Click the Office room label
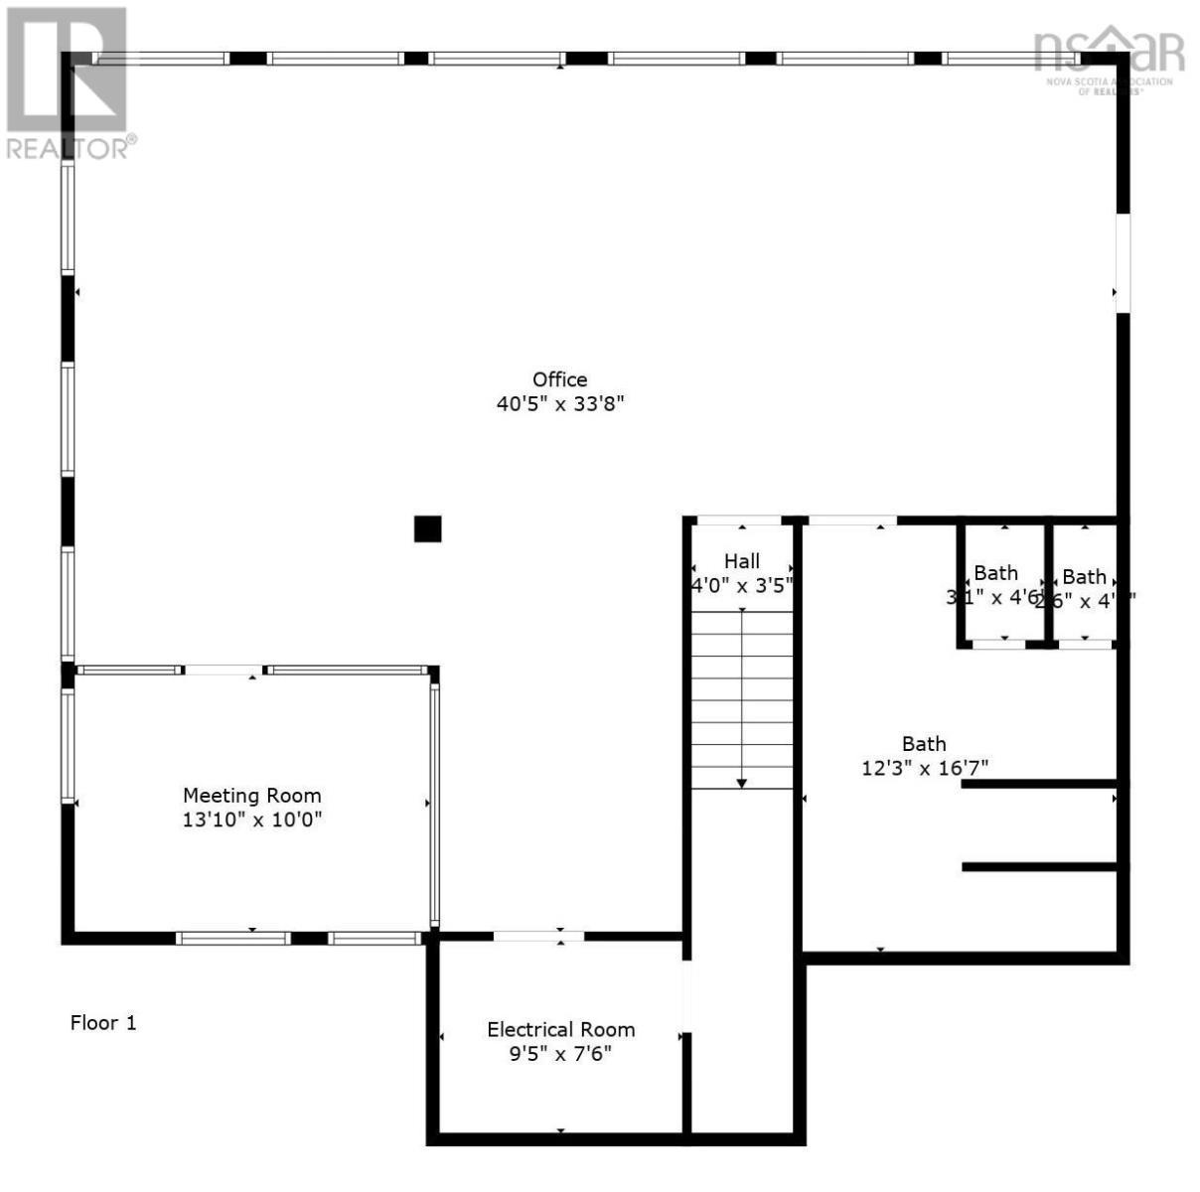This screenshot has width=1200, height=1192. (x=559, y=379)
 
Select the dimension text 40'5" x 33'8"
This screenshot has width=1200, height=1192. (x=559, y=404)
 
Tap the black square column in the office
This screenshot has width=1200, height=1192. (x=427, y=528)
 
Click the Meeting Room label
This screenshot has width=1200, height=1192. (x=251, y=796)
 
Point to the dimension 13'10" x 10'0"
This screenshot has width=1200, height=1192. (x=251, y=820)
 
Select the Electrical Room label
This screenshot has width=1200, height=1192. (x=560, y=1030)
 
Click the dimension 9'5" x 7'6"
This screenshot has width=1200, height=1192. (x=560, y=1054)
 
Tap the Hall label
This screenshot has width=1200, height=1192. (x=741, y=561)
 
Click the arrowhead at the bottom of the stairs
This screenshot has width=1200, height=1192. (x=742, y=784)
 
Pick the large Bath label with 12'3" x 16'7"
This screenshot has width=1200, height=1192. (x=924, y=744)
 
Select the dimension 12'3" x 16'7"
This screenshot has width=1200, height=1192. (x=924, y=768)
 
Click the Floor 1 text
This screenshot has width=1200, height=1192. (x=103, y=1022)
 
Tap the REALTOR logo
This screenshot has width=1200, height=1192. (x=68, y=83)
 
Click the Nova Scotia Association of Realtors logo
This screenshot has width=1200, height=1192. (x=1109, y=60)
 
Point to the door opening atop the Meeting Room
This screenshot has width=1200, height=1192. (x=225, y=670)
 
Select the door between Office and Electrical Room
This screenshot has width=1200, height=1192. (x=538, y=936)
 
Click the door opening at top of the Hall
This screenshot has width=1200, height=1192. (x=738, y=521)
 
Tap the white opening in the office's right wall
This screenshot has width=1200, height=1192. (x=1123, y=263)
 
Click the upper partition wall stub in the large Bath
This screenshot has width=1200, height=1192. (x=1039, y=784)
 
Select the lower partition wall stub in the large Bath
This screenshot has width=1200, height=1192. (x=1039, y=867)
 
